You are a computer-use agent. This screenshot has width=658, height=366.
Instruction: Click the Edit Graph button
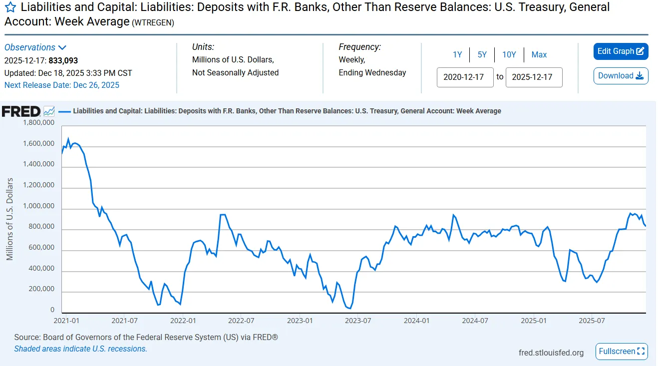pos(621,51)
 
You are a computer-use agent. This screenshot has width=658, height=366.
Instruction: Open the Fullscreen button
pos(622,352)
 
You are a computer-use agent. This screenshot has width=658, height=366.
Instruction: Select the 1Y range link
pos(457,55)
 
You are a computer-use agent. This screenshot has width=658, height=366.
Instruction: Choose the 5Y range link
pos(482,55)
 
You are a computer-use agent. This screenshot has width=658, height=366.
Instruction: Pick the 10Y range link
pos(509,55)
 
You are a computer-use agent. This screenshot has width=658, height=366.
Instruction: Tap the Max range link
pos(539,55)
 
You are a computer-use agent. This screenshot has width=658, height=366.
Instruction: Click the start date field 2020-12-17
pos(465,77)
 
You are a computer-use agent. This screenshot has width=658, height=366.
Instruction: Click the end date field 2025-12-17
pos(534,77)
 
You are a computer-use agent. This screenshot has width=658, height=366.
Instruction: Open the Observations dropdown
pos(35,47)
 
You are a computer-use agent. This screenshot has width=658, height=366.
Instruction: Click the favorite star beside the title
pos(10,8)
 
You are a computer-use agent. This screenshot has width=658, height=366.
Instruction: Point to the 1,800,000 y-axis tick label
pos(38,123)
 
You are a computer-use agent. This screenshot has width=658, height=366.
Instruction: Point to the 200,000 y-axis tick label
pos(40,290)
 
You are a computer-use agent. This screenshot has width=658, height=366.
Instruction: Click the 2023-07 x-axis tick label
pos(358,321)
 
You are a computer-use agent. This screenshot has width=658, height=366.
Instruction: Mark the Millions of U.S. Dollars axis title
pos(10,219)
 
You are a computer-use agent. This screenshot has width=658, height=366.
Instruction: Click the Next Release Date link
pos(62,85)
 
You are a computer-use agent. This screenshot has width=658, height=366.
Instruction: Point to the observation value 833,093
pos(63,61)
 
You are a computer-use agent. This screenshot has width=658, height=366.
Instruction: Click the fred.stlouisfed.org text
pos(551,353)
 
